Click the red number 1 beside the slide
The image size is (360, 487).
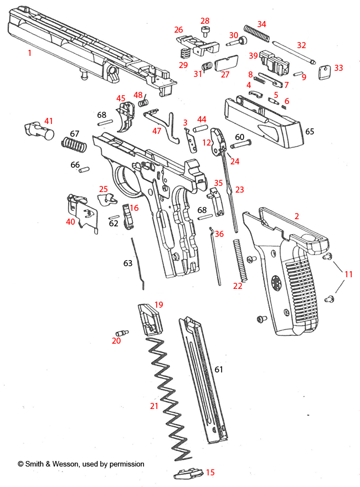pyautogui.click(x=29, y=53)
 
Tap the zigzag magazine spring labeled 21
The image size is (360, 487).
pyautogui.click(x=169, y=398)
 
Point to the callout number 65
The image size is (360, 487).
pyautogui.click(x=309, y=131)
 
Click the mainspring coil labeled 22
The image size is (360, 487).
pyautogui.click(x=239, y=260)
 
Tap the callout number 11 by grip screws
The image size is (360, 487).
pyautogui.click(x=348, y=274)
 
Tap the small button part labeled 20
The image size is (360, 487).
pyautogui.click(x=121, y=333)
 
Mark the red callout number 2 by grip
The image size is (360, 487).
pyautogui.click(x=296, y=216)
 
